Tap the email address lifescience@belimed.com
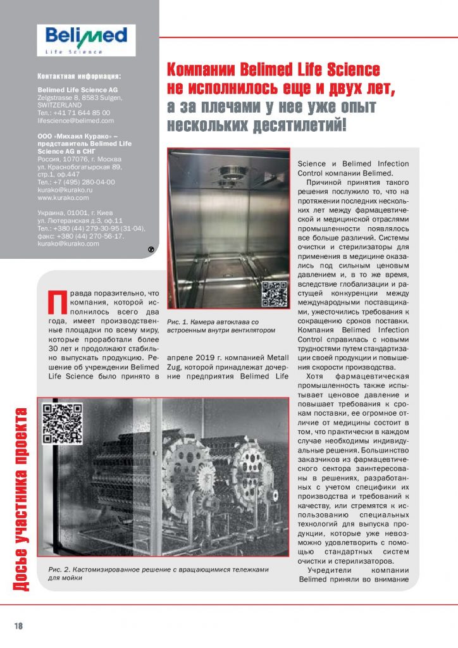76,120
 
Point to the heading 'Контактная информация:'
79,75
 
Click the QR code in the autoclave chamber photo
275,294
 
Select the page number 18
18,626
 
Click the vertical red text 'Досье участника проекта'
20,501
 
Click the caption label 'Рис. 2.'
61,570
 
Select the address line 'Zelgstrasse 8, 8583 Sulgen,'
80,97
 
